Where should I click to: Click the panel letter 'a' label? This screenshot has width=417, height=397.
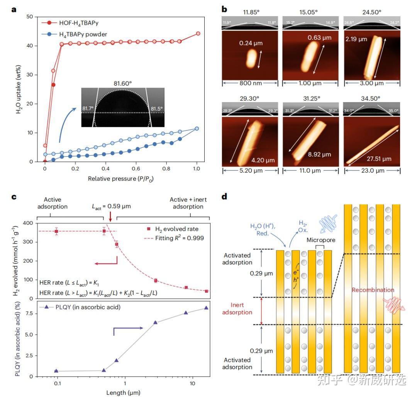[x=14, y=10]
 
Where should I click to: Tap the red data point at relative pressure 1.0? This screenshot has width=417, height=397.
[x=198, y=34]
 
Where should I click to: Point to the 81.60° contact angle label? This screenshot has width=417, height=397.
[x=123, y=82]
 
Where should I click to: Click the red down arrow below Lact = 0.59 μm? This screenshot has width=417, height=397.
[x=110, y=217]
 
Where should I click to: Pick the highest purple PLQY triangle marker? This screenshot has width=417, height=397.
[x=206, y=308]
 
